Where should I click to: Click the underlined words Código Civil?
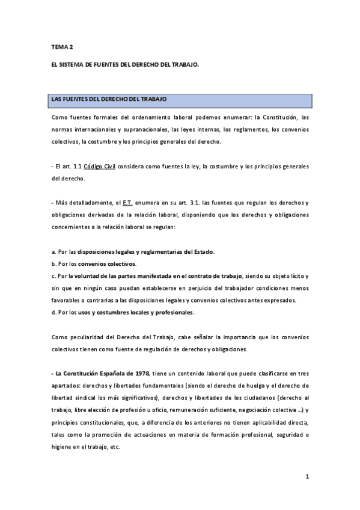point(99,166)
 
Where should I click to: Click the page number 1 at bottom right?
point(307,477)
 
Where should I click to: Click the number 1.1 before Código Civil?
point(76,166)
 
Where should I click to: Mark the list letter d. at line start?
point(54,313)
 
